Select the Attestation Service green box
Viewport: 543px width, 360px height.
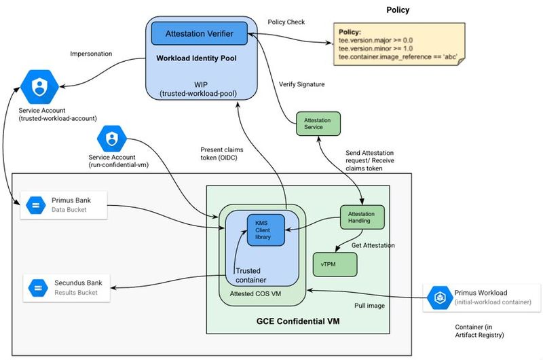(x=317, y=123)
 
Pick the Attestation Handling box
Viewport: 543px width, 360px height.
(x=362, y=217)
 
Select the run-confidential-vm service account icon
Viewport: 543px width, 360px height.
(x=112, y=139)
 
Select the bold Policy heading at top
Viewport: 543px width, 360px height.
(x=398, y=10)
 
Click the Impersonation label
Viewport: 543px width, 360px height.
(x=91, y=54)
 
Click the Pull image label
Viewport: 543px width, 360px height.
(x=370, y=306)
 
